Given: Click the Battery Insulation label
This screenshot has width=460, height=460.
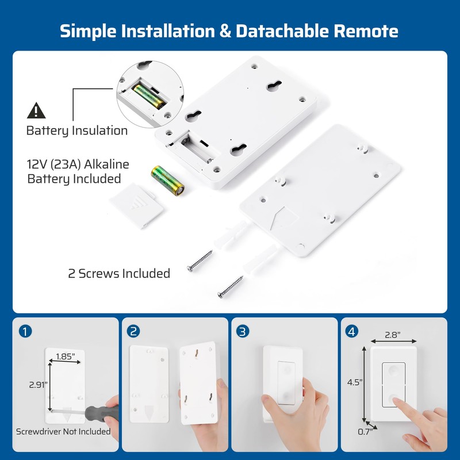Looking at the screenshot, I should click(x=77, y=131).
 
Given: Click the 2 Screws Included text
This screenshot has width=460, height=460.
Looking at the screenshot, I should click(x=119, y=273).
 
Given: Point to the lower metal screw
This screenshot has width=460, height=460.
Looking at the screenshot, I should click(x=231, y=287).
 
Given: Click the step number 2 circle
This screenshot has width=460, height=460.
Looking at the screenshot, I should click(x=134, y=332).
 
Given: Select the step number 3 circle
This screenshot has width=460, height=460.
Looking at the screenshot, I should click(x=243, y=332).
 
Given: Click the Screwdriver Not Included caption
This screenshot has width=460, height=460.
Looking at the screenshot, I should click(x=63, y=431).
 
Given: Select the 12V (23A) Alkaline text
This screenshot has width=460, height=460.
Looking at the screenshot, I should click(x=78, y=165).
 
